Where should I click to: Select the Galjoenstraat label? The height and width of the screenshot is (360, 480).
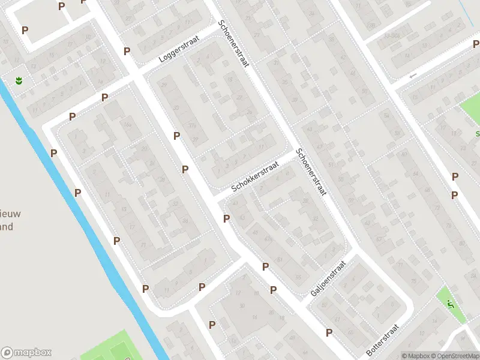point(329,278)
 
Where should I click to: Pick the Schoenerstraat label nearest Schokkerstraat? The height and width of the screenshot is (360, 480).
point(310,172)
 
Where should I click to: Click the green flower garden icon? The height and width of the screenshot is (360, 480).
point(19,80)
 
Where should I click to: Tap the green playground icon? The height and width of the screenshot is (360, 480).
point(451,305)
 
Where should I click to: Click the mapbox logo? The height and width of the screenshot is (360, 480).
point(26,353)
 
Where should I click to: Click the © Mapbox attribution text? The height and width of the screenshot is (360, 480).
point(415,356)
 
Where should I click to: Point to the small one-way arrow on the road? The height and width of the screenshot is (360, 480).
point(412,76)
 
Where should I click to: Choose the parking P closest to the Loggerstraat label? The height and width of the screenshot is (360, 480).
point(127,52)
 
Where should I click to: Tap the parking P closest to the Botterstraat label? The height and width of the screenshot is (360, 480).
point(329,332)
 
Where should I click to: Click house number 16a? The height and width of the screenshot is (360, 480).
point(127,125)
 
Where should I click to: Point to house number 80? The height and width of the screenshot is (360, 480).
point(461,243)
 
